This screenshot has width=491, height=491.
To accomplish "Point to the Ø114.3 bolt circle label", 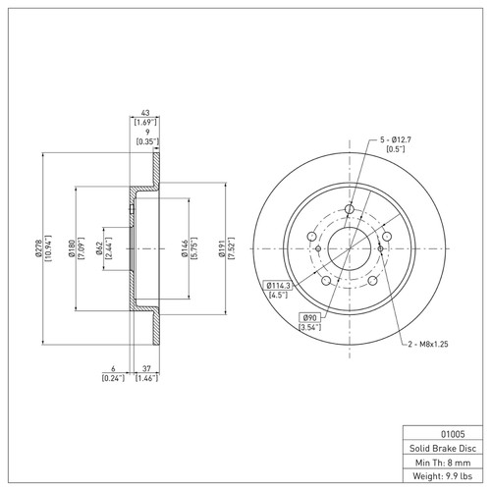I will [x=281, y=285].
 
